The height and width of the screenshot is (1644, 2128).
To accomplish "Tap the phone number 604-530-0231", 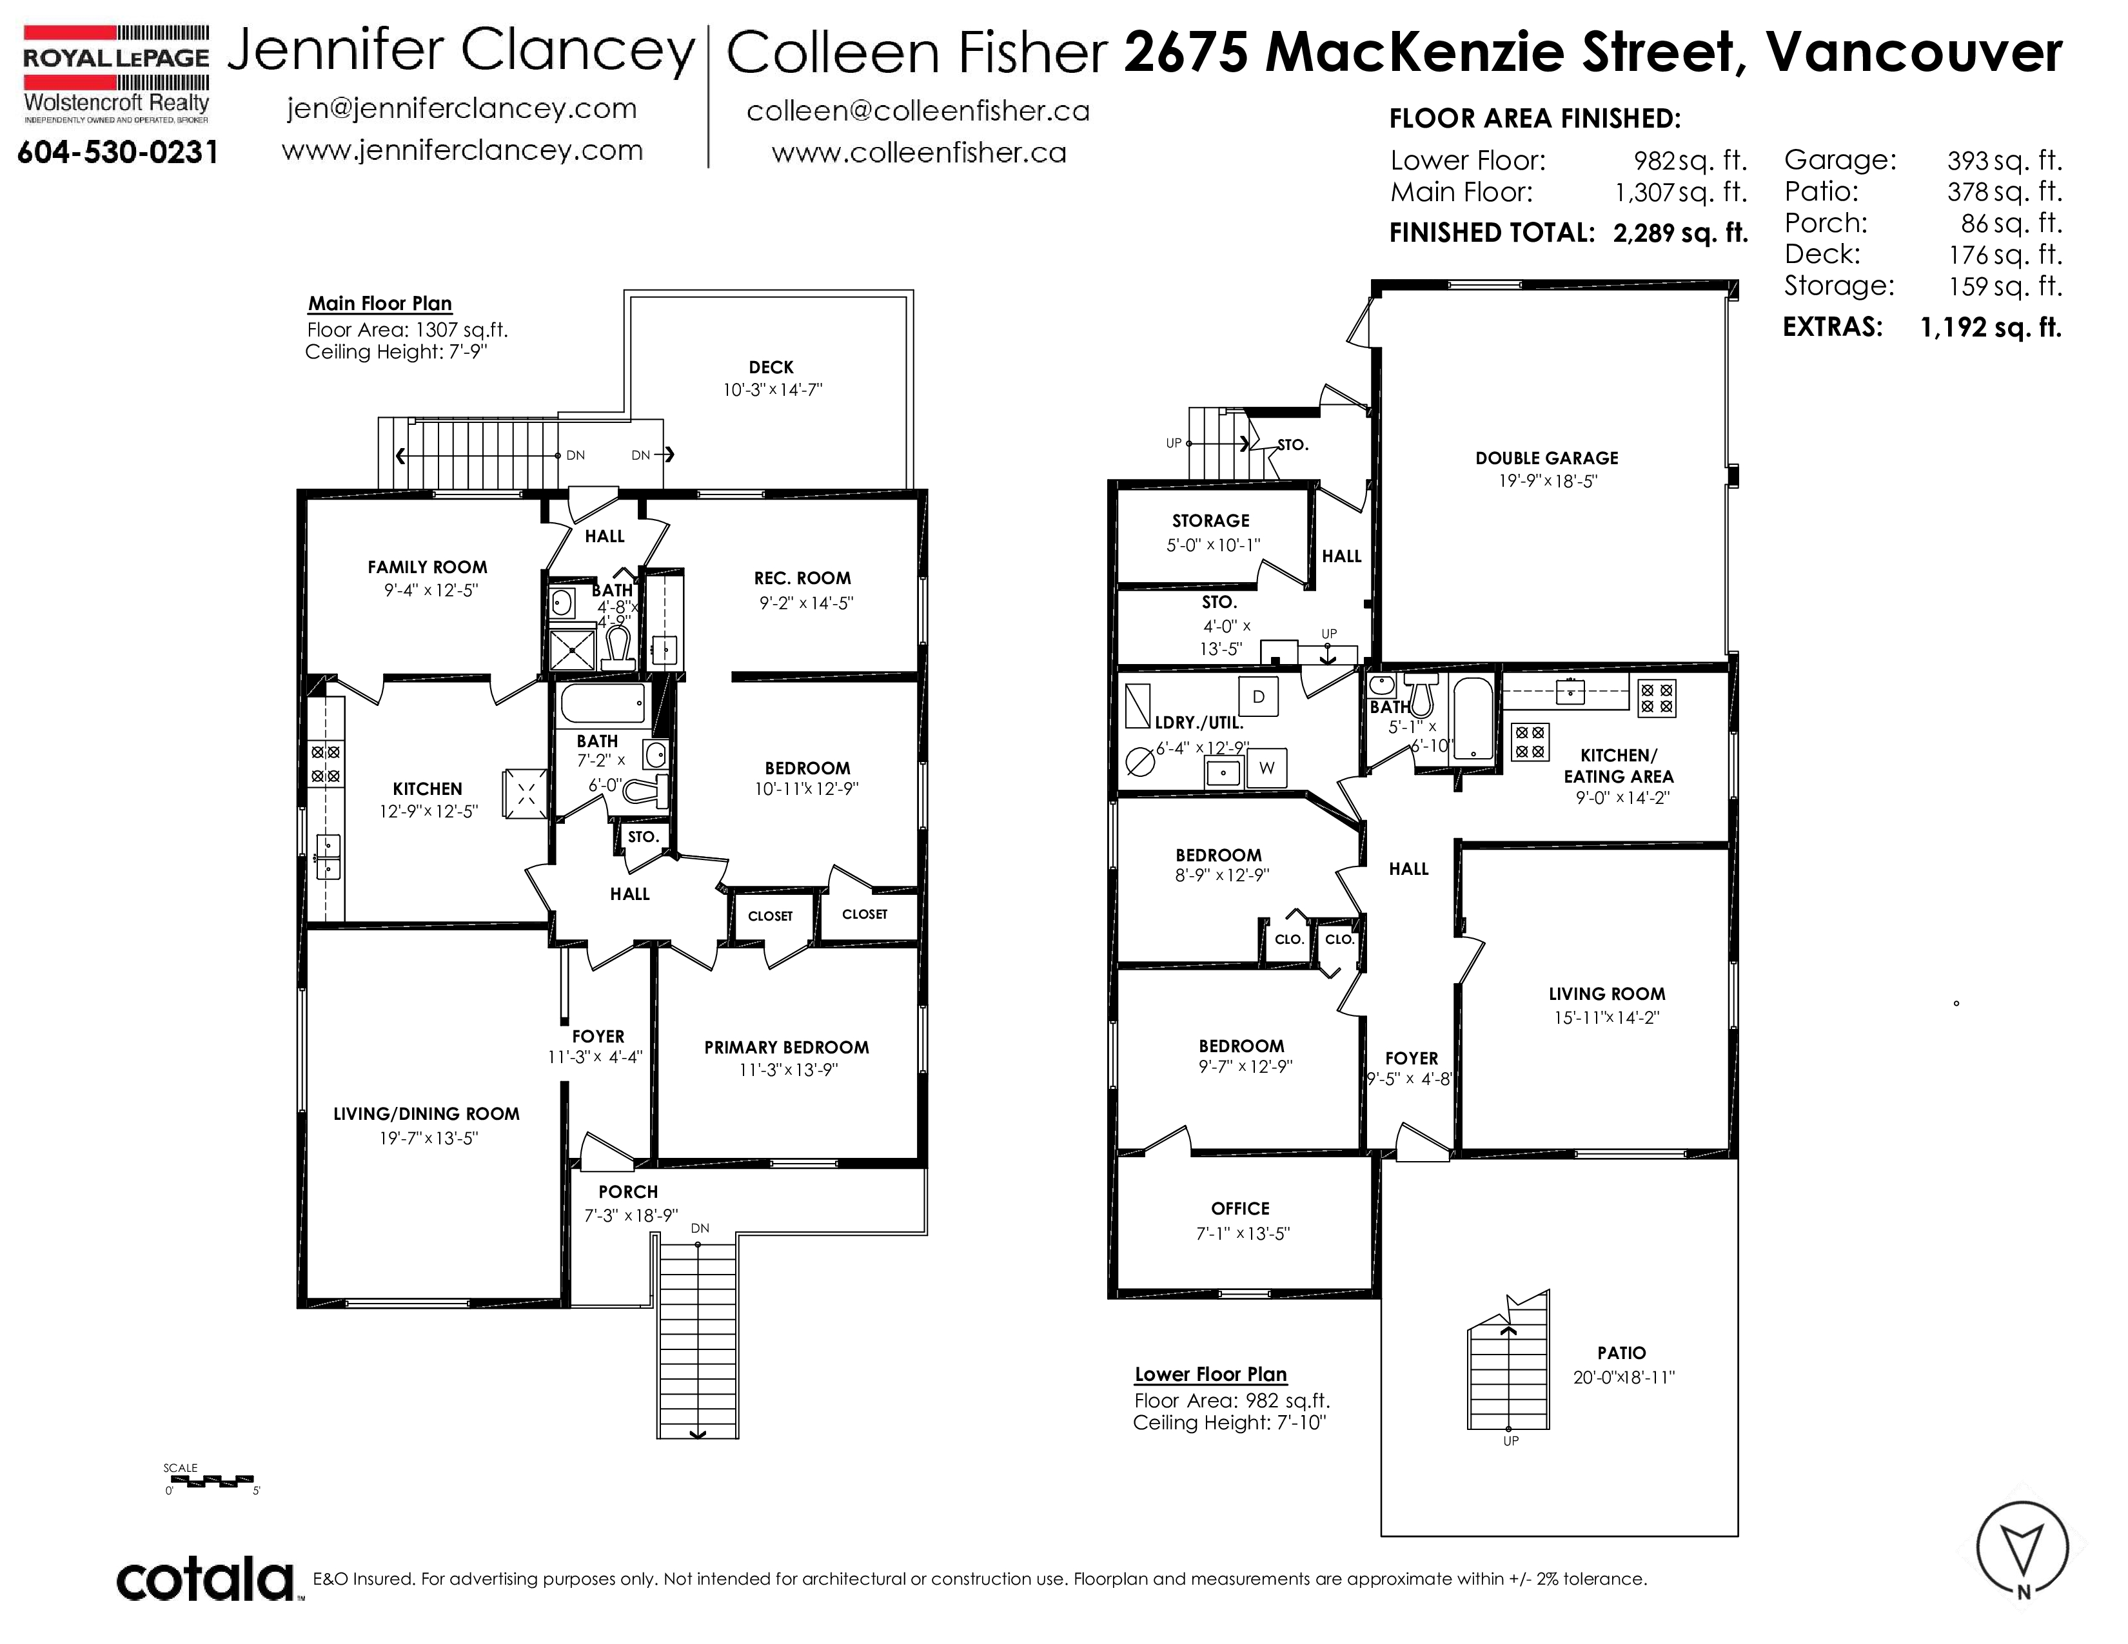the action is coord(118,153).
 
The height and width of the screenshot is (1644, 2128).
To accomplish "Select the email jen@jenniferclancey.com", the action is coord(462,108).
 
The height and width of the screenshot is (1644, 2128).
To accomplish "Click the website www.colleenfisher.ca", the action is coord(919,153).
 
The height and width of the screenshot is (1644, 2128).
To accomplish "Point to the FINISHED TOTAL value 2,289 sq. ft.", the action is coord(1680,233).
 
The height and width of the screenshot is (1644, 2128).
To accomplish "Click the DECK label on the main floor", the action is coord(771,367).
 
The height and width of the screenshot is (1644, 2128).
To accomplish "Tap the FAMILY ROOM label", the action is coord(427,567).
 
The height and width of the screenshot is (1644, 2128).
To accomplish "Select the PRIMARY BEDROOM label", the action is coord(786,1047).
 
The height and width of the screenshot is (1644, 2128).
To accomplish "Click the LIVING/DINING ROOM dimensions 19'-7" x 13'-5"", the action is coord(429,1137).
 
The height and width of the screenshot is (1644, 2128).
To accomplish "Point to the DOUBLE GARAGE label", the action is coord(1546,458).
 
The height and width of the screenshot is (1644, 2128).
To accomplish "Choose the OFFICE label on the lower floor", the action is coord(1240,1209).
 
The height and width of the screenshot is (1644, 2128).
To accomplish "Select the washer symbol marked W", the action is coord(1266,767).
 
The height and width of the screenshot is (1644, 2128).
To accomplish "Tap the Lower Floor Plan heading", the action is coord(1210,1375).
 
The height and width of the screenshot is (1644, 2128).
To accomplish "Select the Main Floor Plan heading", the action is coord(380,303).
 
